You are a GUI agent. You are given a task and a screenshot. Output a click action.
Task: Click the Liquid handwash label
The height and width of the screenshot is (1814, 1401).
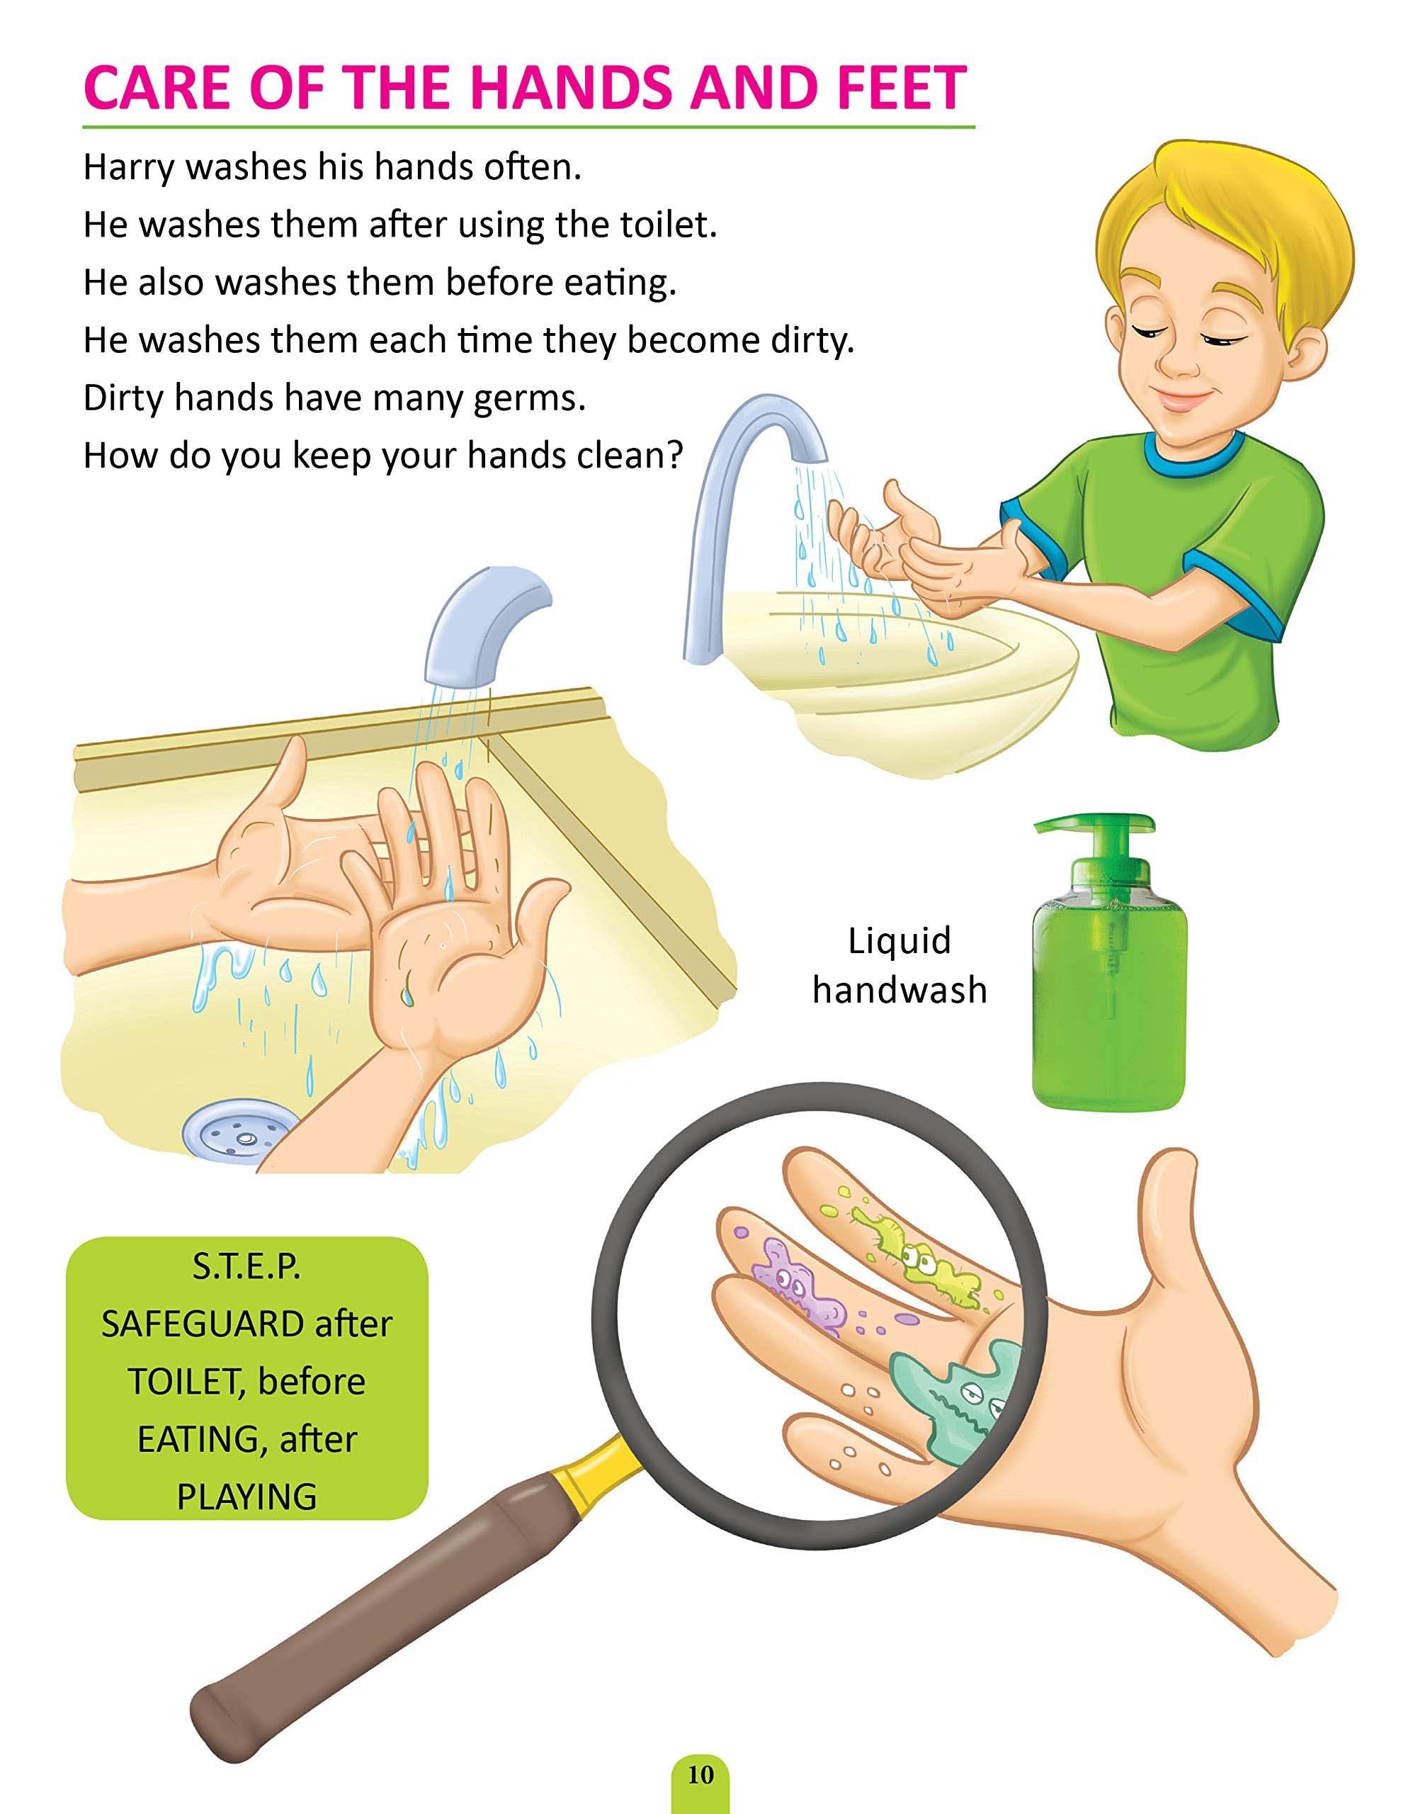pos(900,966)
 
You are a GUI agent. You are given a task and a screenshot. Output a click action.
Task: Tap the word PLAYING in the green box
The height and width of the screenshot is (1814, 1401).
pos(246,1497)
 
